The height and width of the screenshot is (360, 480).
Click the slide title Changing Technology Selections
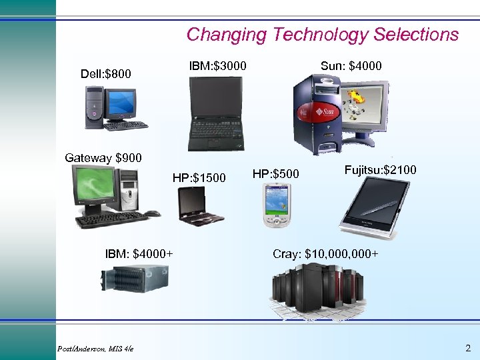(323, 35)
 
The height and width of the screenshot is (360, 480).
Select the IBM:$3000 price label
(218, 65)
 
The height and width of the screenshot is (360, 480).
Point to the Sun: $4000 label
(351, 65)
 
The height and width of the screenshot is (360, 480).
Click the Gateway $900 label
(103, 158)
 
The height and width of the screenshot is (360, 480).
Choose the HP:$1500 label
(199, 178)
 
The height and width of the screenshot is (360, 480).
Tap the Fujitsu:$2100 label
(381, 170)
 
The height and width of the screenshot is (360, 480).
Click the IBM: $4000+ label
(139, 253)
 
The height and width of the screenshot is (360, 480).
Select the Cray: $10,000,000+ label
(326, 253)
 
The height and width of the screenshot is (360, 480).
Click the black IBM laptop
(214, 113)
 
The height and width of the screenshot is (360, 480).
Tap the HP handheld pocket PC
(276, 206)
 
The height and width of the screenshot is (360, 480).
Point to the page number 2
(467, 348)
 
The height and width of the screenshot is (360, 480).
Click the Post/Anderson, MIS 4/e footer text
(95, 349)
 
